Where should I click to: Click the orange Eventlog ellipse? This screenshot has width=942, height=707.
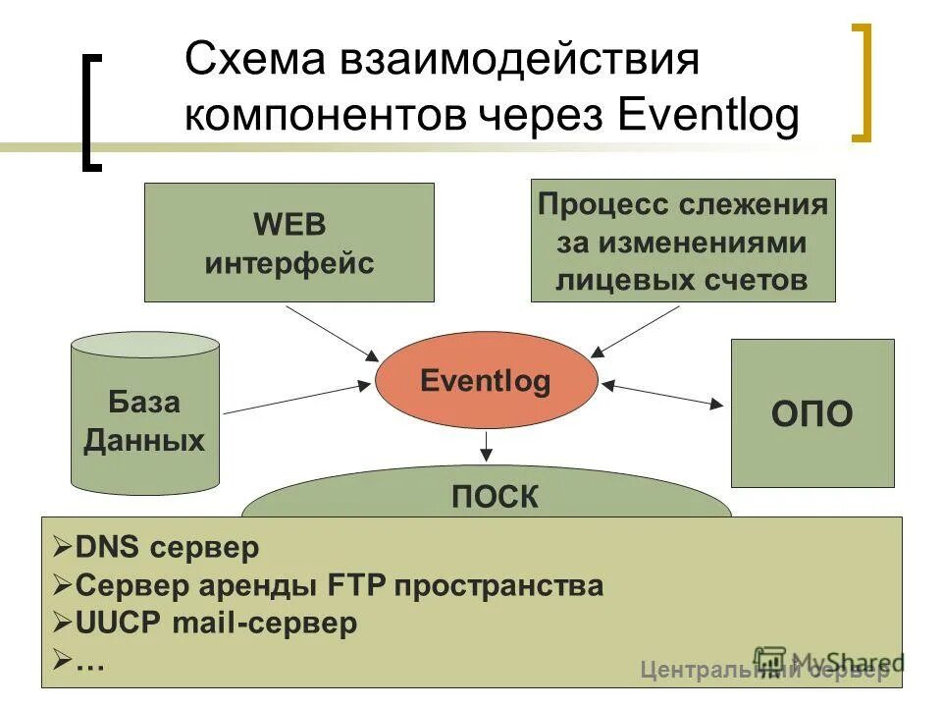[x=486, y=381]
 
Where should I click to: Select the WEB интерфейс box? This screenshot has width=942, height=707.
[x=288, y=243]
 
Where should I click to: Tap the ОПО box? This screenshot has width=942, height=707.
[x=811, y=413]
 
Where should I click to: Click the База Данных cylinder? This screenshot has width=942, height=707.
[x=144, y=417]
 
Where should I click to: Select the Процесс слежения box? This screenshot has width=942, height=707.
[x=682, y=241]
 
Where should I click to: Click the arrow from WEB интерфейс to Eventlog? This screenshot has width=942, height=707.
[x=332, y=332]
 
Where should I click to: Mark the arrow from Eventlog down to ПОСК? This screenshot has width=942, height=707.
[x=485, y=447]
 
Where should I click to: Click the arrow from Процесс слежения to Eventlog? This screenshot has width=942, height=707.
[x=636, y=330]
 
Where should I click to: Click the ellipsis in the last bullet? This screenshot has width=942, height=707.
[x=90, y=661]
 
